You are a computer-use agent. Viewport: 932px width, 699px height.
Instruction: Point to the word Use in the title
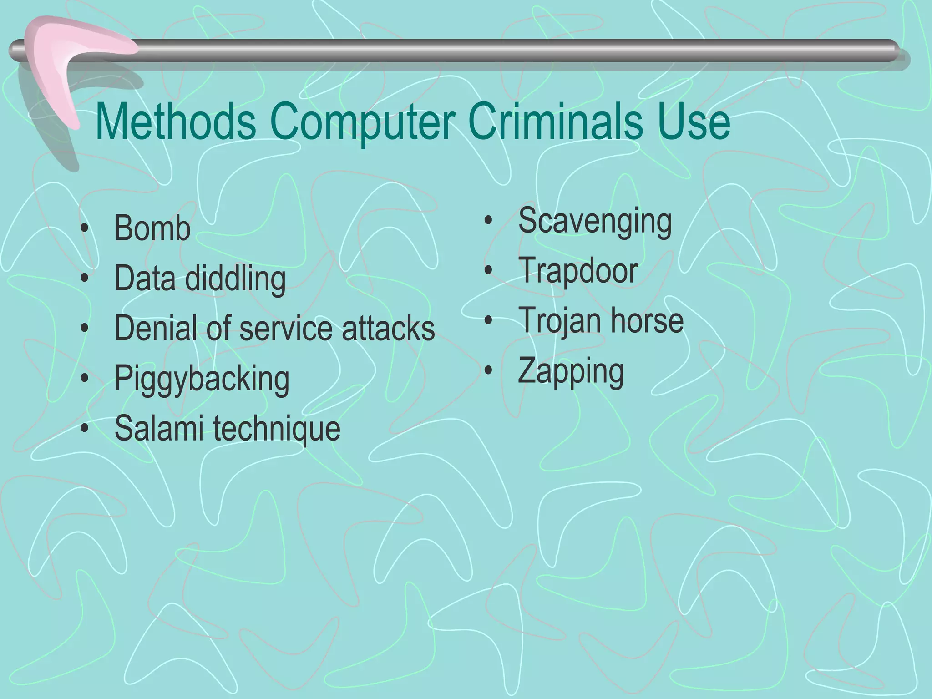click(x=694, y=122)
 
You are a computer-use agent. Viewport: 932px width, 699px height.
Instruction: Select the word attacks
click(x=388, y=328)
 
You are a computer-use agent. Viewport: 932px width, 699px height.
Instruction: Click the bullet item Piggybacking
click(x=202, y=379)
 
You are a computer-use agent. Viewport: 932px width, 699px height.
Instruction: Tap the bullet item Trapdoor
click(x=578, y=271)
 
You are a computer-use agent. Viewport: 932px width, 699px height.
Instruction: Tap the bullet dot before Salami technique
click(x=84, y=428)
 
